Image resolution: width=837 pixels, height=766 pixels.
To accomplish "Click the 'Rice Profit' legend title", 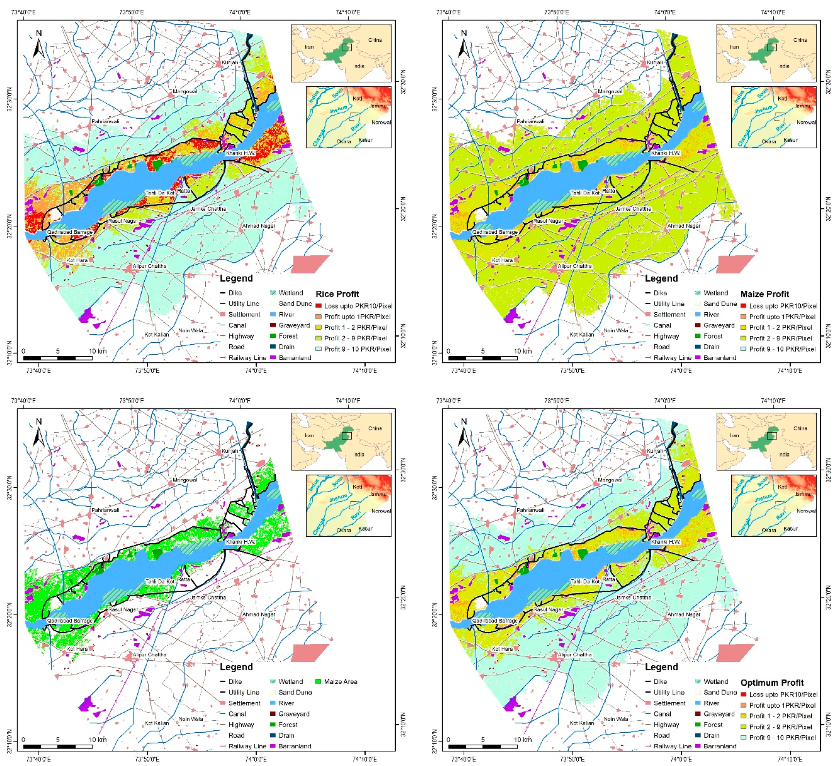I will click(337, 294).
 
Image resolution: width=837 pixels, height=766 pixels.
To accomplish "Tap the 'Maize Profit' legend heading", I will click(764, 294).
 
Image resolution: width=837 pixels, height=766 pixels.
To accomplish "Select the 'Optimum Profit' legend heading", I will click(772, 683).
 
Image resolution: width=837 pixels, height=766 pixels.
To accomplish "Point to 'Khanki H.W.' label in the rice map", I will click(241, 153).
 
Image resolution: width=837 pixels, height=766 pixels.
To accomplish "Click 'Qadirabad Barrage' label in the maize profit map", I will click(495, 232).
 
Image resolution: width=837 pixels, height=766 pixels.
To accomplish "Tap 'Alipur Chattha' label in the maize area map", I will click(149, 655).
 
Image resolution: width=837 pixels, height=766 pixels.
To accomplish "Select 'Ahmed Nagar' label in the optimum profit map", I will click(684, 614).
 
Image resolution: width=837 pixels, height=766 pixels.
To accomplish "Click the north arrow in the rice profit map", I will click(39, 45).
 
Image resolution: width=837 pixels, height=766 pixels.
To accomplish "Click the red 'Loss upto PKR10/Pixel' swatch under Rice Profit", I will click(318, 306).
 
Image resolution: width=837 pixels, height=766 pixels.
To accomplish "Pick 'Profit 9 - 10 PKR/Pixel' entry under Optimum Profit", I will click(782, 737).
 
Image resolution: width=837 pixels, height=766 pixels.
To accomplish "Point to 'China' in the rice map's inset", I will click(375, 40).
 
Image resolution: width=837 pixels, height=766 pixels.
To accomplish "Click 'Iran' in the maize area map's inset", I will click(309, 436).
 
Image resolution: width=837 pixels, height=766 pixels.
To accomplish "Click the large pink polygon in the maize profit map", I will click(735, 264).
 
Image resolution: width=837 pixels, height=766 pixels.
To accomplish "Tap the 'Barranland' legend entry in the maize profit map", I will click(719, 358).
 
